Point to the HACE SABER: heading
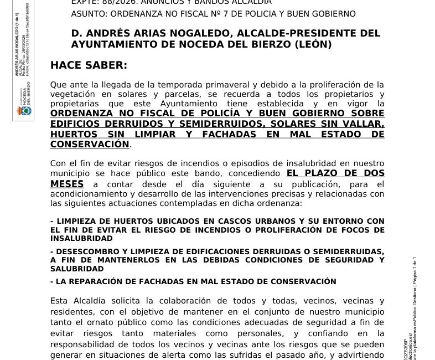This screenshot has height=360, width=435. coord(89,65)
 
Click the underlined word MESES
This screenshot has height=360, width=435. coord(67,184)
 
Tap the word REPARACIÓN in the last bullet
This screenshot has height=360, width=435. coord(96,281)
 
